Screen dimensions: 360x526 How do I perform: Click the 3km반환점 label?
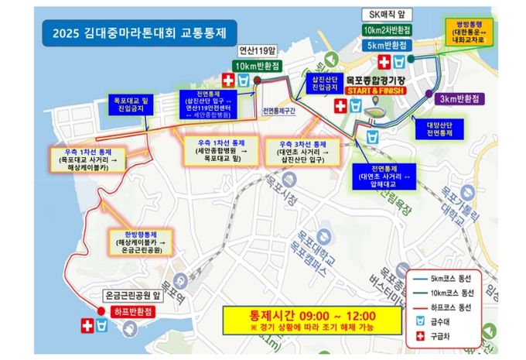click(459, 99)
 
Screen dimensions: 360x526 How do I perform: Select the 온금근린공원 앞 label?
click(133, 295)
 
